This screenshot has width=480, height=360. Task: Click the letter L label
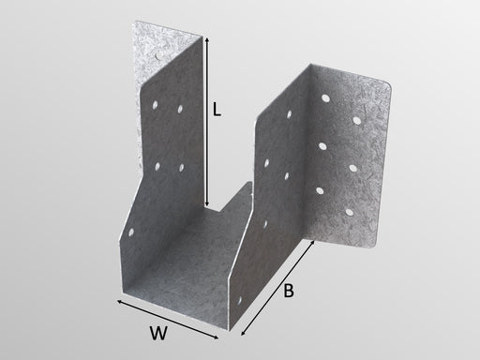click(x=217, y=110)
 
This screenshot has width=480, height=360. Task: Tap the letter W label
click(x=158, y=333)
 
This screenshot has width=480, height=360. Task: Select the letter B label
click(x=289, y=291)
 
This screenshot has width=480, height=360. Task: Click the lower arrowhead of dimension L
click(x=206, y=204)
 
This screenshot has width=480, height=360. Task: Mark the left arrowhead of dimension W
click(x=119, y=301)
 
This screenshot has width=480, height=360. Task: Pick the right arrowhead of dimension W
click(x=216, y=337)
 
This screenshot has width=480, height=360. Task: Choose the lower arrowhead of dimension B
click(x=242, y=334)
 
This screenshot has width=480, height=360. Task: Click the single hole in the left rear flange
click(x=157, y=56)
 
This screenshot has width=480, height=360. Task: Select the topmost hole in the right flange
click(x=325, y=98)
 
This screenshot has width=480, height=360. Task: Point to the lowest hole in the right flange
click(x=349, y=213)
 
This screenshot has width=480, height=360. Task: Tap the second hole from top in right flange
click(x=356, y=120)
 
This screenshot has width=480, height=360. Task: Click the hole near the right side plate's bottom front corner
click(x=240, y=302)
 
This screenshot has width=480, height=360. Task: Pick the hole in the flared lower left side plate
click(x=131, y=232)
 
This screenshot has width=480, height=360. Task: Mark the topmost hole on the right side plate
click(x=289, y=114)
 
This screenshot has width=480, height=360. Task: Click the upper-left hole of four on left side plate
click(x=155, y=105)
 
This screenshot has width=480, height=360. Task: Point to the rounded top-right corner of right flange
click(x=387, y=84)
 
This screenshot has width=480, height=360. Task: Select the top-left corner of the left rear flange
click(x=135, y=22)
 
